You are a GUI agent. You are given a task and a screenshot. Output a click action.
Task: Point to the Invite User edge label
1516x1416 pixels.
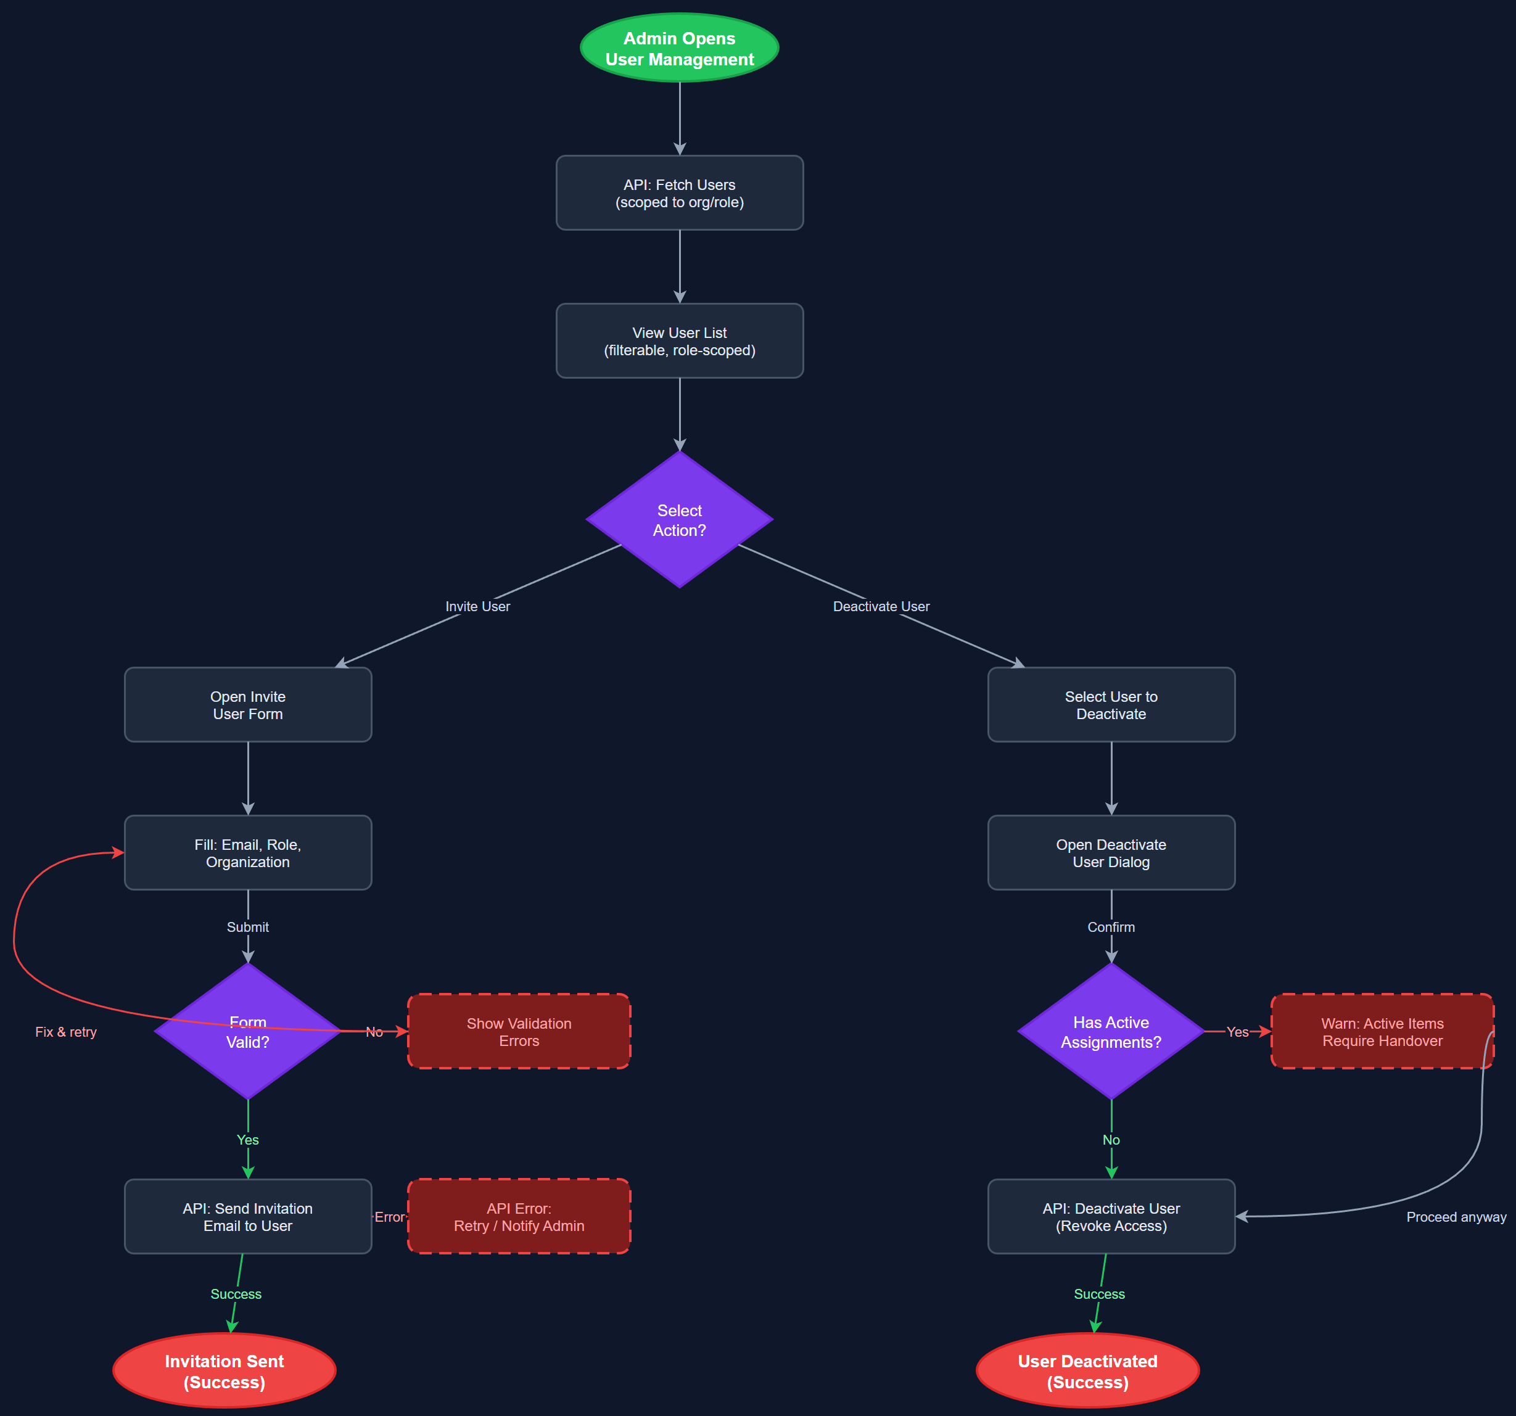477,606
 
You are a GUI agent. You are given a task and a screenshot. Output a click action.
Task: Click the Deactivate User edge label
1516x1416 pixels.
881,606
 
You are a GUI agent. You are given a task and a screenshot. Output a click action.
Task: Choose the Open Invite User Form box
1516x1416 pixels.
248,704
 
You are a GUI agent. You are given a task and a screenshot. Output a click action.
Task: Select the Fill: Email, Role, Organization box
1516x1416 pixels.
248,852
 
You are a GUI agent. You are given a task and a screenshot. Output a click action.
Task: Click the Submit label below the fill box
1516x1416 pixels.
248,927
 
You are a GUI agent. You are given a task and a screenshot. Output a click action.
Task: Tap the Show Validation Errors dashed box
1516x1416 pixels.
519,1032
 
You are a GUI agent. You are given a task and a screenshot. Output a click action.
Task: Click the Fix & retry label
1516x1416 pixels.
67,1032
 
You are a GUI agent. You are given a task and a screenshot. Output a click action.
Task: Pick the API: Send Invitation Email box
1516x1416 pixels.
248,1217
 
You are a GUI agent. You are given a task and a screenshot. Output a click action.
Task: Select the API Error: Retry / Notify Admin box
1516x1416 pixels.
519,1217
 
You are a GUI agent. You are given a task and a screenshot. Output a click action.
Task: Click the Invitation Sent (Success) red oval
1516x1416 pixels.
225,1371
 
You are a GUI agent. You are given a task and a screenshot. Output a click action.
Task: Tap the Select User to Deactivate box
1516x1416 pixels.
1111,704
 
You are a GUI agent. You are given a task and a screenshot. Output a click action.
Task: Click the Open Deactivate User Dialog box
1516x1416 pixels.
1111,852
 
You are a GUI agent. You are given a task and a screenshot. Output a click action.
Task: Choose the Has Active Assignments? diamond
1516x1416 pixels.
1111,1032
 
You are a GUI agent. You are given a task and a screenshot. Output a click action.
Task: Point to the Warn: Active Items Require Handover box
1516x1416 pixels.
1382,1032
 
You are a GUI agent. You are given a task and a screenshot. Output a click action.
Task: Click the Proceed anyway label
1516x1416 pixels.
1456,1217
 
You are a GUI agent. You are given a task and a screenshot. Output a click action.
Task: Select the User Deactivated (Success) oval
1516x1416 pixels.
1087,1371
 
